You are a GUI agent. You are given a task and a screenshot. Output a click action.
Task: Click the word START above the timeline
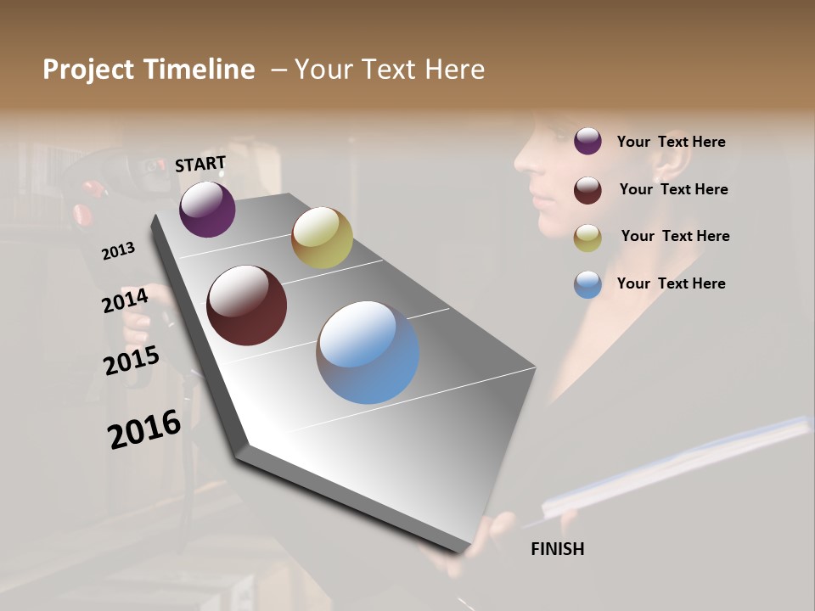[x=200, y=164]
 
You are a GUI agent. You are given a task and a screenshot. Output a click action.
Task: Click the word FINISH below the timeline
[x=557, y=549]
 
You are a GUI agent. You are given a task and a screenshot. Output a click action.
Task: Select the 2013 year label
[x=119, y=250]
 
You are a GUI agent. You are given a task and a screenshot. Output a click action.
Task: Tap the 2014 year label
[x=125, y=300]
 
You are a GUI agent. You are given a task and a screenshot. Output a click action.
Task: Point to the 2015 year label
[x=131, y=360]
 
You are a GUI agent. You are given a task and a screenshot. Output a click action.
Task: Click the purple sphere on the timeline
[x=207, y=210]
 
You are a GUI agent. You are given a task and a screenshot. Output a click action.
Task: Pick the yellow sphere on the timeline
[x=322, y=238]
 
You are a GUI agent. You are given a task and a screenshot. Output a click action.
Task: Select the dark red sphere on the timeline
[x=247, y=305]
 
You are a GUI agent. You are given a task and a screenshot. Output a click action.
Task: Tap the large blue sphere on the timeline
[x=368, y=352]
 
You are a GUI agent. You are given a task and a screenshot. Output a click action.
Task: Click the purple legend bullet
[x=587, y=141]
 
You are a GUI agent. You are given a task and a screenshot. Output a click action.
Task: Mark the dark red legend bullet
[x=587, y=189]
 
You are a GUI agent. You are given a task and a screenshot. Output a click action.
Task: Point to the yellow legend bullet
[x=587, y=238]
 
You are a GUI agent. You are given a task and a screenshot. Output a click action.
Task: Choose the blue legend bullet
[x=587, y=284]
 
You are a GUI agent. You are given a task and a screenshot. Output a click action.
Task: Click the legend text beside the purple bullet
[x=671, y=142]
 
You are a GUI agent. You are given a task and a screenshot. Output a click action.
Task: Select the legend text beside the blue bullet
[x=671, y=283]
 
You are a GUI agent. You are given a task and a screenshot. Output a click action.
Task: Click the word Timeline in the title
[x=199, y=70]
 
